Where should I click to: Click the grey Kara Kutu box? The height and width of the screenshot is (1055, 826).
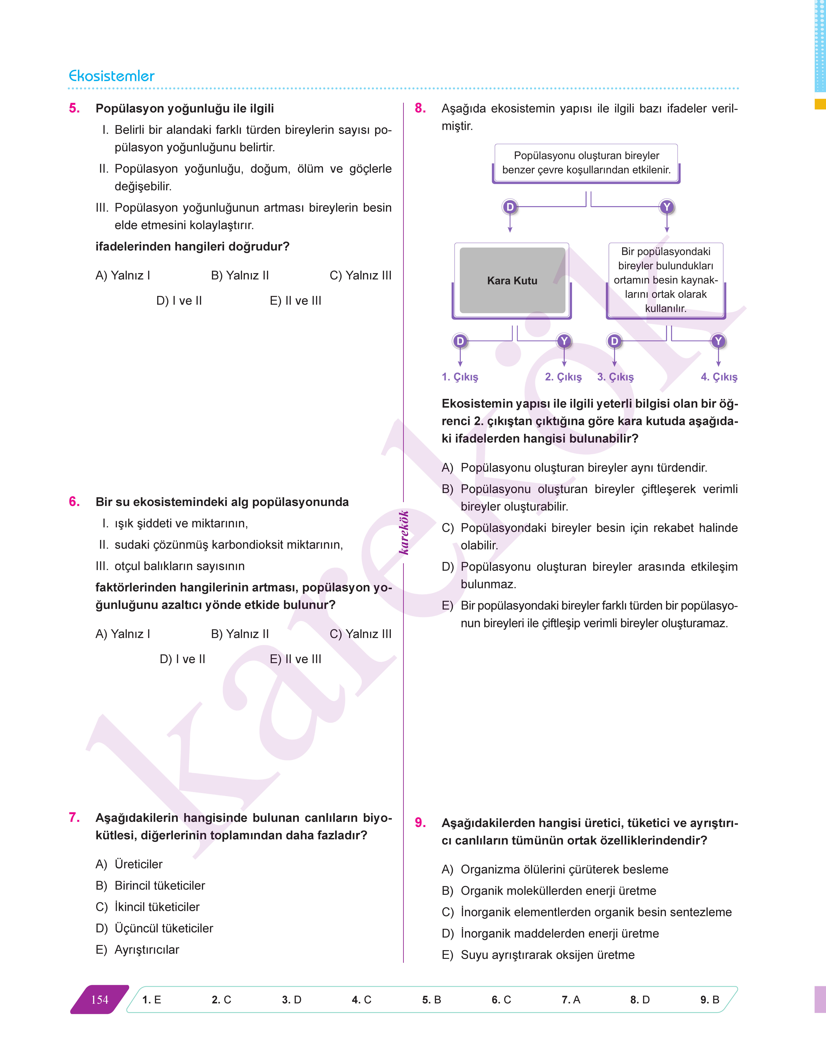coord(512,280)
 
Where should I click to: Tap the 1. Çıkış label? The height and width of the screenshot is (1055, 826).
coord(459,377)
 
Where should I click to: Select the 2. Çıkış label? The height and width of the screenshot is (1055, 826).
coord(563,377)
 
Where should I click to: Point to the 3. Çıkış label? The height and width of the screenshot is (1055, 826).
coord(615,377)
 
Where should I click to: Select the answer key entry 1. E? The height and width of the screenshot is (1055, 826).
coord(151,999)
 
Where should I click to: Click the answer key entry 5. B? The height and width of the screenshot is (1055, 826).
coord(431,999)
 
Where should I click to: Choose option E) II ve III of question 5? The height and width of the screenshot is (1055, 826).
coord(295,301)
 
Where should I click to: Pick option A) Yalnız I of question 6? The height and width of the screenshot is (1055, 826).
coord(123,634)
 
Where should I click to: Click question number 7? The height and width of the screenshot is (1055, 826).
coord(74,817)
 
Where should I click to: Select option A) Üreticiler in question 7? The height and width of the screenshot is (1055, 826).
coord(129,864)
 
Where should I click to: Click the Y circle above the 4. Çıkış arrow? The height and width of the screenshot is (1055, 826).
coord(718,341)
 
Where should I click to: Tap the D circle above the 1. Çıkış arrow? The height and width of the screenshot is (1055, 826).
coord(460,341)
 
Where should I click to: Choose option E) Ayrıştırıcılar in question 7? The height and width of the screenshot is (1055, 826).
coord(137,950)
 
